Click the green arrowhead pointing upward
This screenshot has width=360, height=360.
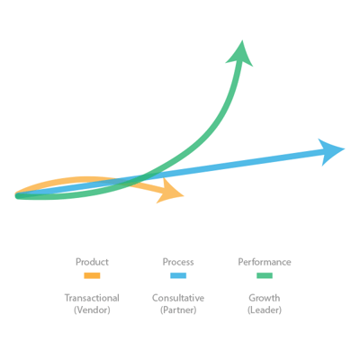240,54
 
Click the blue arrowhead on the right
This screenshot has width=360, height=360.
330,151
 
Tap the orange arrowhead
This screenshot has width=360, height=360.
169,192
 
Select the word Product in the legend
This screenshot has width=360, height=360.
92,262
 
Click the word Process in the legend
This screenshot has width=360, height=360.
178,262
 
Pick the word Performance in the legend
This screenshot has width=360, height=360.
265,262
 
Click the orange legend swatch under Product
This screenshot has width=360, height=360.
92,275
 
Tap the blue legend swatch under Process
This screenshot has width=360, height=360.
178,275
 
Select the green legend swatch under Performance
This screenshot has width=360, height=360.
265,275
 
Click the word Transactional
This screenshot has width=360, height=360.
92,298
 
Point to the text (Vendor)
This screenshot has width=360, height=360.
92,310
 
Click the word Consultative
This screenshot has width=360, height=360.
178,298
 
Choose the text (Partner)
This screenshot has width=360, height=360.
178,310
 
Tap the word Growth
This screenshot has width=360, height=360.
265,298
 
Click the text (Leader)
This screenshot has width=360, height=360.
265,310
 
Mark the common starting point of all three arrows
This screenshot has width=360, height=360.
17,196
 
